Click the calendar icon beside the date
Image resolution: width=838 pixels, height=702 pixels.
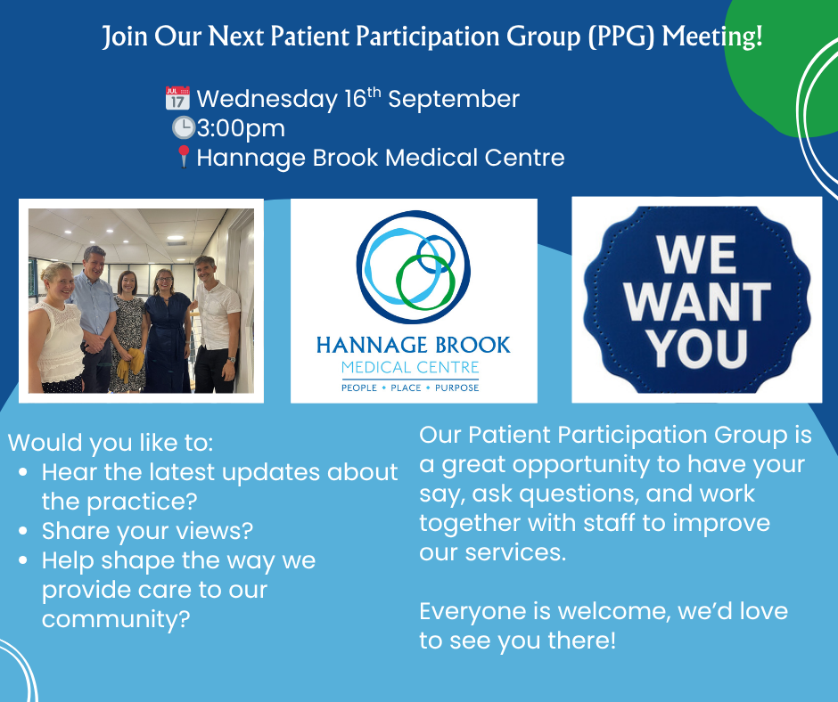[177, 98]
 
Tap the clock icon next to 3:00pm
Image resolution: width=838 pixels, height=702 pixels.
[184, 128]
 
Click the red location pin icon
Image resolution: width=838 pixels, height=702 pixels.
[184, 157]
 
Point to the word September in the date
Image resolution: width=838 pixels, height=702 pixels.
[454, 100]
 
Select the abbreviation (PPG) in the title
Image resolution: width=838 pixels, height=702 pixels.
[621, 37]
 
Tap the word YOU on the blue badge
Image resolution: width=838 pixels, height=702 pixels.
[699, 348]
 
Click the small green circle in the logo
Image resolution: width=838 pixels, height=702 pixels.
[425, 282]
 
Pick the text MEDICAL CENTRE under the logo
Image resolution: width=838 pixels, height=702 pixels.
[410, 368]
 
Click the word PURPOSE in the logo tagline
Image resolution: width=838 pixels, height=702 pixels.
[457, 388]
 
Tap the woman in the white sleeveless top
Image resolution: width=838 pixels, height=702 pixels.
[56, 329]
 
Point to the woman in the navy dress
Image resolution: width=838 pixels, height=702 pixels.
[168, 331]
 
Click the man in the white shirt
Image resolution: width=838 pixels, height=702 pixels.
[216, 324]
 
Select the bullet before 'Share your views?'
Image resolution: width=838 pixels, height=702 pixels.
[23, 530]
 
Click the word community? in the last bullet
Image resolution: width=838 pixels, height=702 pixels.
[116, 620]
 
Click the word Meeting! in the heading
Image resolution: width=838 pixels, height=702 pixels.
[712, 37]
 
